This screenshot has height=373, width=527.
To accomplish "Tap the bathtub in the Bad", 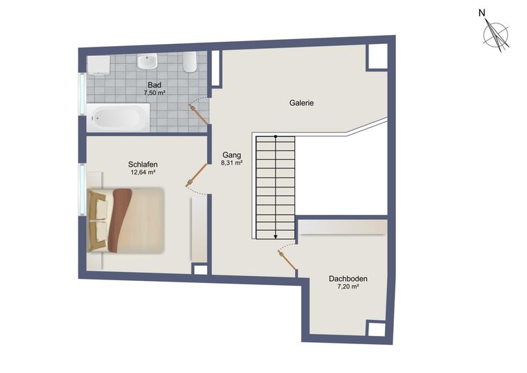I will point(117,117).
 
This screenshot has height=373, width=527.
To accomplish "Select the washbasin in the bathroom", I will point(147,63).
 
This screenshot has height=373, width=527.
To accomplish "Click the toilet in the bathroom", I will point(191,64).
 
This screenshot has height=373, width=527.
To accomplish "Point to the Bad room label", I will point(154,85).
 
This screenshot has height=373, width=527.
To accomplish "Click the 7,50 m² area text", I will point(154,93).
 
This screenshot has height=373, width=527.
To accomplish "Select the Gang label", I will point(230,155).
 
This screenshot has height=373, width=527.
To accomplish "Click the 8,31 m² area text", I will point(232,163).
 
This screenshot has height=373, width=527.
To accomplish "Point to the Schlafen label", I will point(143,164).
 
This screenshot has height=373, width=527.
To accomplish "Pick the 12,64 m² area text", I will point(143,172).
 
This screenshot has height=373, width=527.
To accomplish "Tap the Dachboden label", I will point(348,279).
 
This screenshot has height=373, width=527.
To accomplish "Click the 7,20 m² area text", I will point(348,287).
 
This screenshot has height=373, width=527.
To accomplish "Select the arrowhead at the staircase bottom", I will point(275,236).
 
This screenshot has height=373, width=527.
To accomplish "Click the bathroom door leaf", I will point(199,114).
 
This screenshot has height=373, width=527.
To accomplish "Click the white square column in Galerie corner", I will point(377,57).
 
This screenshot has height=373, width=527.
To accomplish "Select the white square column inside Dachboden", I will point(376,329).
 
